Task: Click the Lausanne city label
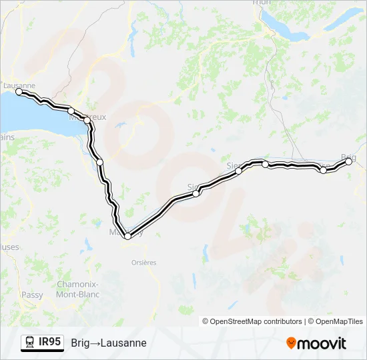[19, 85]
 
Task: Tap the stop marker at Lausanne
[19, 92]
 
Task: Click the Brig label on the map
[348, 157]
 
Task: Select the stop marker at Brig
[348, 161]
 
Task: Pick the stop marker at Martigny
[127, 236]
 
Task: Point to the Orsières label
[141, 263]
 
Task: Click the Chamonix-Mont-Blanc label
[78, 289]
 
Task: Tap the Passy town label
[32, 295]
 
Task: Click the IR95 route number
[50, 342]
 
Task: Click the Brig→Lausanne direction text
[109, 343]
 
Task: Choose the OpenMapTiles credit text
[337, 321]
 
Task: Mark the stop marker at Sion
[196, 193]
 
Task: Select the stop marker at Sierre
[238, 171]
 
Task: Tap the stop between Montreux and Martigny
[99, 162]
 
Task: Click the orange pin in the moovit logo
[291, 343]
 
